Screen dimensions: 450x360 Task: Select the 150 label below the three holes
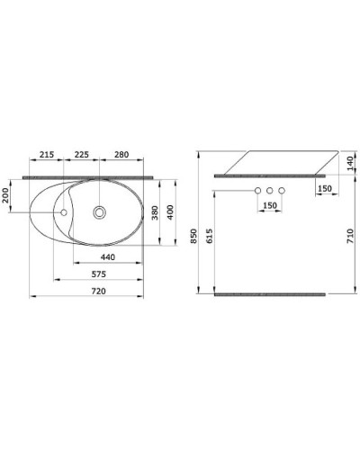tap(269, 206)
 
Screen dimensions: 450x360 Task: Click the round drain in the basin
tap(100, 213)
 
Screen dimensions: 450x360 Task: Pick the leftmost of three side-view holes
tap(257, 191)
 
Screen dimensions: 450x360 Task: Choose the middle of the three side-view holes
tap(269, 191)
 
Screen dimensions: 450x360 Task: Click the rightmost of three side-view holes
tap(281, 191)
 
